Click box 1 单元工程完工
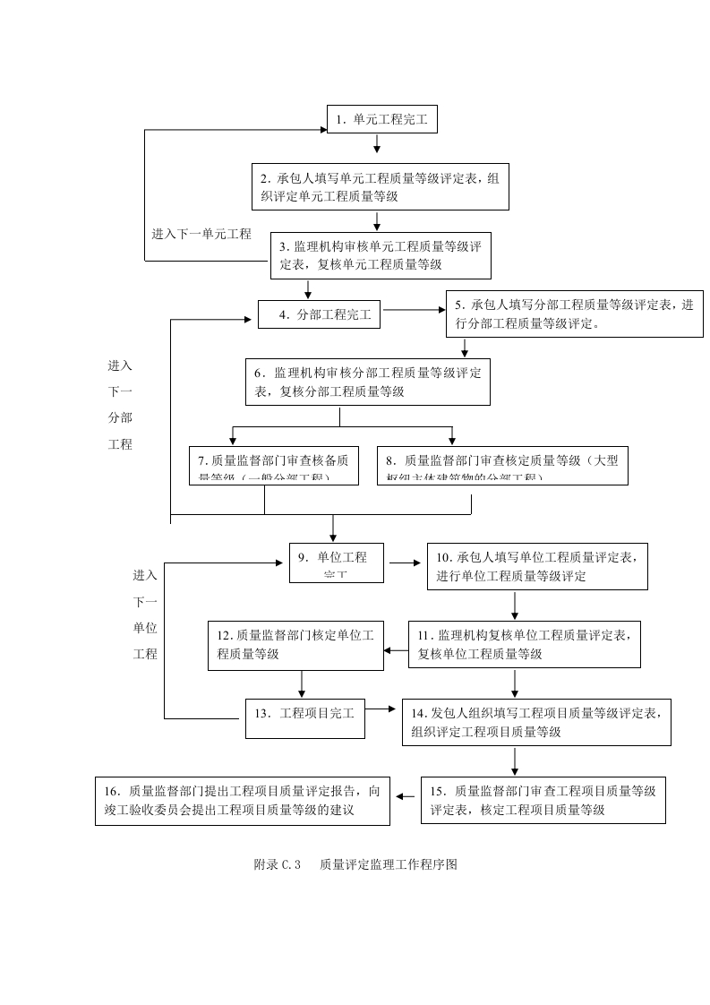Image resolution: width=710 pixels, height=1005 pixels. [x=381, y=118]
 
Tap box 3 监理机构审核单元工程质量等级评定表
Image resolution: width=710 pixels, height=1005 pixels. [x=381, y=255]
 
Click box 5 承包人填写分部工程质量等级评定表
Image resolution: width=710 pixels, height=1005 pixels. [x=574, y=314]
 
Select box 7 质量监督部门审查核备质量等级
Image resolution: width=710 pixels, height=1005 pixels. [x=274, y=466]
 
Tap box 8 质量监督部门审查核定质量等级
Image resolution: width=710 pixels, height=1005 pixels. [x=502, y=466]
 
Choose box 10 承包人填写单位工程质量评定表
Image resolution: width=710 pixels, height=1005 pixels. [x=536, y=566]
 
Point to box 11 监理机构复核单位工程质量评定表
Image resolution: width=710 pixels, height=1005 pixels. [x=525, y=644]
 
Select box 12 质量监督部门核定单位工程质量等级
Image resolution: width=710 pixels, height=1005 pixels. [x=295, y=645]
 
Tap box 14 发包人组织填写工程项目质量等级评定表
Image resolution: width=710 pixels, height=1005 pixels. [x=536, y=722]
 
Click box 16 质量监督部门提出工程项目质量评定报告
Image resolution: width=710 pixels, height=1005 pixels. [x=244, y=799]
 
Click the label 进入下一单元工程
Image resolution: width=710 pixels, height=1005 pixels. [x=201, y=234]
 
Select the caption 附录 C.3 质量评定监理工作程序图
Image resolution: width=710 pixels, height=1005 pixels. [x=355, y=864]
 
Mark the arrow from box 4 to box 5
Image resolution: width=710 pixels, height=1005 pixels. [x=414, y=310]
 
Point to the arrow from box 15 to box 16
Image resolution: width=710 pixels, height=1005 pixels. [x=406, y=796]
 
